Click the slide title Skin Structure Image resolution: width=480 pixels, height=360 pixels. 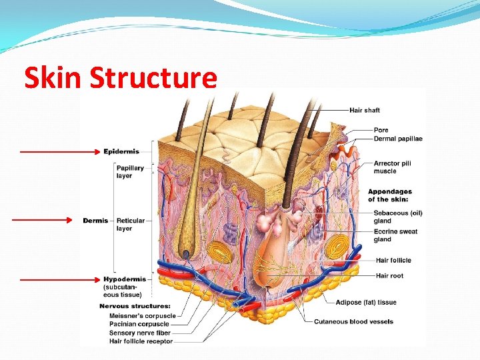pos(121,79)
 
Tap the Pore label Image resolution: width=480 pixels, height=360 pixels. pos(381,130)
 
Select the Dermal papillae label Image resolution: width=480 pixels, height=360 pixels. pos(398,139)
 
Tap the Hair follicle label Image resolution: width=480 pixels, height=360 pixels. pos(393,261)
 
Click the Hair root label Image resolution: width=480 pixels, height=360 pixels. pos(389,276)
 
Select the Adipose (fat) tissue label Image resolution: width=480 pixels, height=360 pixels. pos(365,303)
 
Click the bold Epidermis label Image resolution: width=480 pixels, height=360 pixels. pos(121,152)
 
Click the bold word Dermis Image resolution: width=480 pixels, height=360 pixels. pos(95,221)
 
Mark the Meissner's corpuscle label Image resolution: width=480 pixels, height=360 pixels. pos(142,316)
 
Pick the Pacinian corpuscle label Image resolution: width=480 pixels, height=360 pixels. pos(139,325)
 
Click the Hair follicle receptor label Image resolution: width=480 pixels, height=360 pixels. pos(141,341)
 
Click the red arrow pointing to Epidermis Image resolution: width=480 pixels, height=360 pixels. pos(60,152)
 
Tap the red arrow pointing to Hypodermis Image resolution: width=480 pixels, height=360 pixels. pos(60,279)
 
